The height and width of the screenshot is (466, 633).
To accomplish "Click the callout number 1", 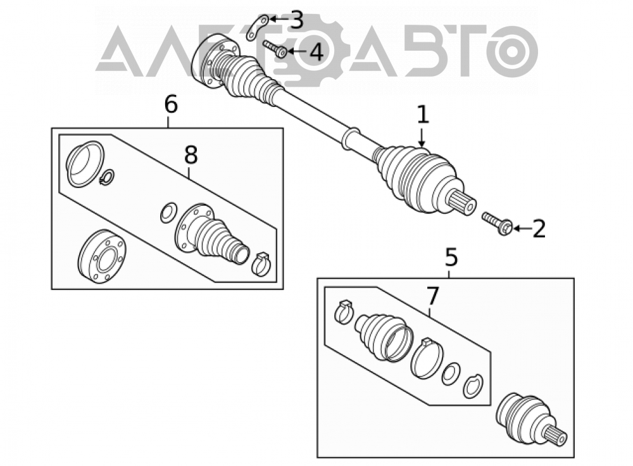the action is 423,115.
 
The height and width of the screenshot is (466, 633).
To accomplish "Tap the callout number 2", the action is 539,229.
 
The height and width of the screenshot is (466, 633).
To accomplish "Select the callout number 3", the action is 297,20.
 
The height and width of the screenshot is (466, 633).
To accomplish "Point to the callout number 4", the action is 316,52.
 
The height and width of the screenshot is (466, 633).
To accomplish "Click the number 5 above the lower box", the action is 451,257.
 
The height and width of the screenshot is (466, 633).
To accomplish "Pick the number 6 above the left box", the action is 171,104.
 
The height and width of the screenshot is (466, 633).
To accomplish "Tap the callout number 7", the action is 432,296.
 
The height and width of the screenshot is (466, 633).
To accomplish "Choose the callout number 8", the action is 191,154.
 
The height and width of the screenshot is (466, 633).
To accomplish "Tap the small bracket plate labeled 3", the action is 258,27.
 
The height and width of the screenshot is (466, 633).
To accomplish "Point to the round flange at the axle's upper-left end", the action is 215,61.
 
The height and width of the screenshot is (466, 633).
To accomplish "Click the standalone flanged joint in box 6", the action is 101,256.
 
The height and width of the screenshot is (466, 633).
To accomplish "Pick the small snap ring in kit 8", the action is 107,177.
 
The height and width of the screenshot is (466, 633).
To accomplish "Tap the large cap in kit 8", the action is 85,164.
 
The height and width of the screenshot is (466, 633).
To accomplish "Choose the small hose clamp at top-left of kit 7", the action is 344,311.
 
